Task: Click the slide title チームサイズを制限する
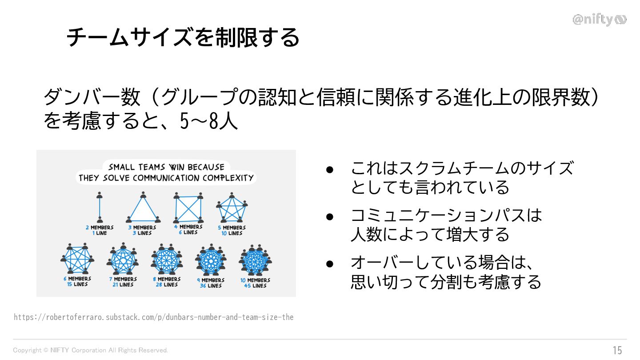[183, 37]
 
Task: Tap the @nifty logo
[599, 20]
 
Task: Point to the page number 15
[617, 350]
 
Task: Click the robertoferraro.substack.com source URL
[154, 317]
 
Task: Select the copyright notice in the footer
[91, 350]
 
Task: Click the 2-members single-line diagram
[100, 208]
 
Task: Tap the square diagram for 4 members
[188, 208]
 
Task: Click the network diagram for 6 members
[78, 259]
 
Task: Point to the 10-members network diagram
[255, 260]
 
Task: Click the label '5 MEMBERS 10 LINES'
[232, 230]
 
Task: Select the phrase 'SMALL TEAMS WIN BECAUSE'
[166, 168]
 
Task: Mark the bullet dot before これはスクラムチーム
[329, 169]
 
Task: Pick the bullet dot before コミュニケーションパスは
[329, 216]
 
